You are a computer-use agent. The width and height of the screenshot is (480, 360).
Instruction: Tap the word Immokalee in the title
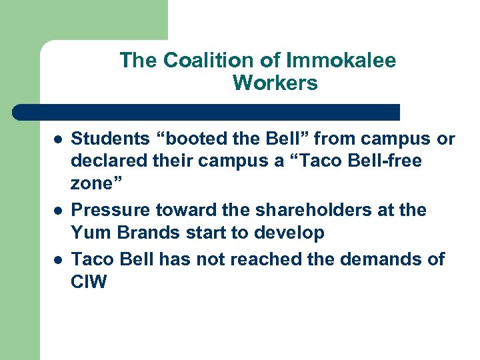pos(341,61)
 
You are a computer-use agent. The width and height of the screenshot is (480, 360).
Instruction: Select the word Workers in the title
pos(275,84)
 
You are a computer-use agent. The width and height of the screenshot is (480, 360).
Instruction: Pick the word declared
pos(105,161)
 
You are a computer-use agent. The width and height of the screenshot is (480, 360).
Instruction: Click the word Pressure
pos(110,211)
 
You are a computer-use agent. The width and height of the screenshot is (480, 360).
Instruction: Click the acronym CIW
pos(89,281)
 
